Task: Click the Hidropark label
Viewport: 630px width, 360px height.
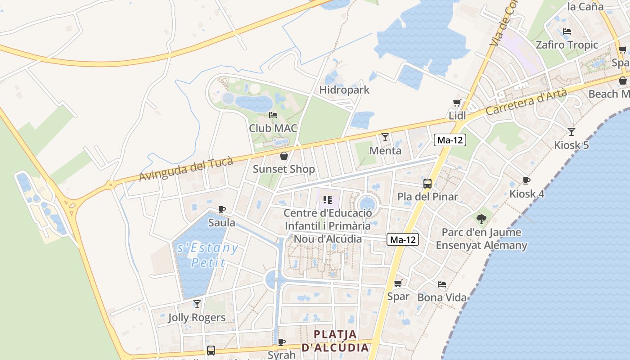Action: pos(344,90)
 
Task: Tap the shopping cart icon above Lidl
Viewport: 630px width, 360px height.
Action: pos(457,103)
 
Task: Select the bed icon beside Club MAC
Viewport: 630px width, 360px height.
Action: pos(273,115)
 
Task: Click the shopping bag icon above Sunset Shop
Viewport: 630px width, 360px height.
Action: pos(283,156)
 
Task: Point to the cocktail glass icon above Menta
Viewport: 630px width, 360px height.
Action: pos(385,137)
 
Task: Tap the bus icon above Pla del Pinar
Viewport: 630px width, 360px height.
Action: pos(427,183)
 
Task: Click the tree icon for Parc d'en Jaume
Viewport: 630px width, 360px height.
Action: pos(481,219)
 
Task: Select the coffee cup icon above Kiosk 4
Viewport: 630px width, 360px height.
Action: pos(526,180)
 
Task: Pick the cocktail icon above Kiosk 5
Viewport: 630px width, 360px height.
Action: pos(571,132)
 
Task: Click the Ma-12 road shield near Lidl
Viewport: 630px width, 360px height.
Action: pos(450,140)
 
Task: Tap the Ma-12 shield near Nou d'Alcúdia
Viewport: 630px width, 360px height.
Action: pos(403,240)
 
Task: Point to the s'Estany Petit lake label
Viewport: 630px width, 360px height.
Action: pos(207,255)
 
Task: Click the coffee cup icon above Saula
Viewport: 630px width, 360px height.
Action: pos(221,209)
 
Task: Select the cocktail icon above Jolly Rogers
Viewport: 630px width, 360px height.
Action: pos(197,304)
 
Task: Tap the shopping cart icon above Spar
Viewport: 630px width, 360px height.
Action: pos(398,283)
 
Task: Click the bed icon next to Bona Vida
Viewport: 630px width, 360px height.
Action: pos(442,284)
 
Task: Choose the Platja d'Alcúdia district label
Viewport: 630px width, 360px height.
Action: pos(335,341)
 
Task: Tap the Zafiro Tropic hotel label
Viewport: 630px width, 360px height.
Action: pos(567,45)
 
